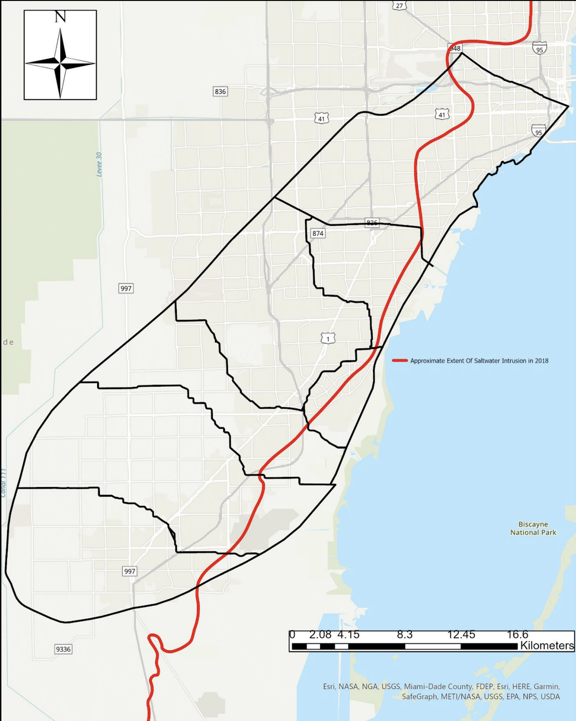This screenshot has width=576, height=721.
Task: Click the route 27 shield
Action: (400, 6)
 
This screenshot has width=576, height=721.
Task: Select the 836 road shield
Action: (220, 91)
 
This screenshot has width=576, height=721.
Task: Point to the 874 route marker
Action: (318, 233)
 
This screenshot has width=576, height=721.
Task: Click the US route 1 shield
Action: (328, 339)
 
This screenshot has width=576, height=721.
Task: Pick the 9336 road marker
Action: (63, 649)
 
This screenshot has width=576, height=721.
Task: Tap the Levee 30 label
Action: (99, 164)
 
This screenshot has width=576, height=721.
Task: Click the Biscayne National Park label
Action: (533, 528)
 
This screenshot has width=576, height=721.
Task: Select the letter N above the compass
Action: (60, 17)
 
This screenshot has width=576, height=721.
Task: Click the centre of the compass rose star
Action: (60, 64)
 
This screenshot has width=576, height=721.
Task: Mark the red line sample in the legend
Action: (400, 361)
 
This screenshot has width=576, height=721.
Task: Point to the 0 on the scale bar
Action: (292, 635)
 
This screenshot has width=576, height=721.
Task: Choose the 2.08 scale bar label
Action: (320, 635)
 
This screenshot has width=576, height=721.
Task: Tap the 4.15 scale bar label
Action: (348, 635)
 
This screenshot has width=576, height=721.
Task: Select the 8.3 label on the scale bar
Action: (405, 635)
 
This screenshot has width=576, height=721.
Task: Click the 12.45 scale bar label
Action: (461, 635)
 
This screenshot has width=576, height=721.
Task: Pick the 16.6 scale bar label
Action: (517, 635)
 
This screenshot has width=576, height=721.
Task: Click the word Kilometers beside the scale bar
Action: (547, 646)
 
